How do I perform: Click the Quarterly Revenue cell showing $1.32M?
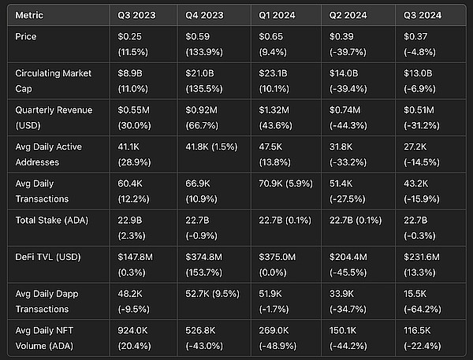pyautogui.click(x=280, y=116)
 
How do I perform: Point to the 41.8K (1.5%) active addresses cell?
pyautogui.click(x=212, y=146)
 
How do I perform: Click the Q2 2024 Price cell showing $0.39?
pyautogui.click(x=352, y=43)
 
